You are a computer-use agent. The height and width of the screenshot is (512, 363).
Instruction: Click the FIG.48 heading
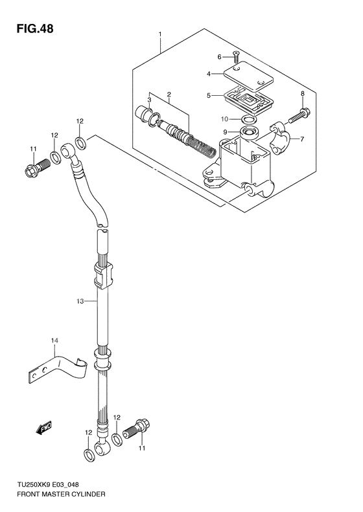pos(31,28)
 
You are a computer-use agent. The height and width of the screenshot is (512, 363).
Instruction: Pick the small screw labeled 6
pos(235,57)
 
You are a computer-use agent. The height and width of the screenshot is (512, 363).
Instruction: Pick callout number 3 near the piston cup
pos(149,100)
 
